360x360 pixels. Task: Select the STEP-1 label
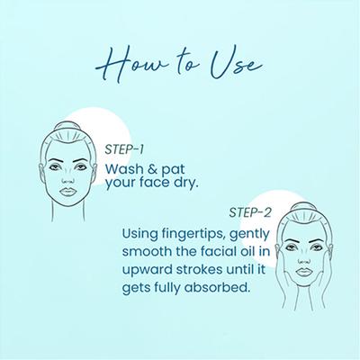click(x=124, y=149)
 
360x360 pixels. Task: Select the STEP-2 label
click(x=250, y=212)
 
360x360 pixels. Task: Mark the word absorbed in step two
click(x=217, y=287)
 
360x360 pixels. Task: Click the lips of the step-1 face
click(x=67, y=192)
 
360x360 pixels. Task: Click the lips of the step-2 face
click(x=303, y=272)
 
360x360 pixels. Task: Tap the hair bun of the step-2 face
click(x=303, y=207)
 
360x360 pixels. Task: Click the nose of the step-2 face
click(x=303, y=258)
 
